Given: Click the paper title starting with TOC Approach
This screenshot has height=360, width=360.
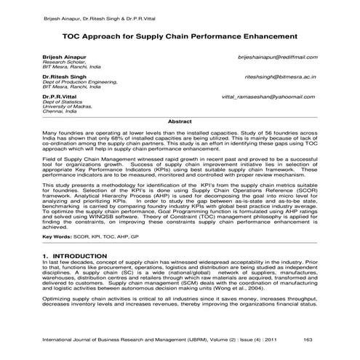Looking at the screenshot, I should pyautogui.click(x=180, y=34).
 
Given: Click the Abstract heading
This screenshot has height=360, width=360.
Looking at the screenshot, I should pyautogui.click(x=180, y=121).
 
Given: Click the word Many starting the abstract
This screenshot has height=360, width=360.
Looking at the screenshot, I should pyautogui.click(x=50, y=135).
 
